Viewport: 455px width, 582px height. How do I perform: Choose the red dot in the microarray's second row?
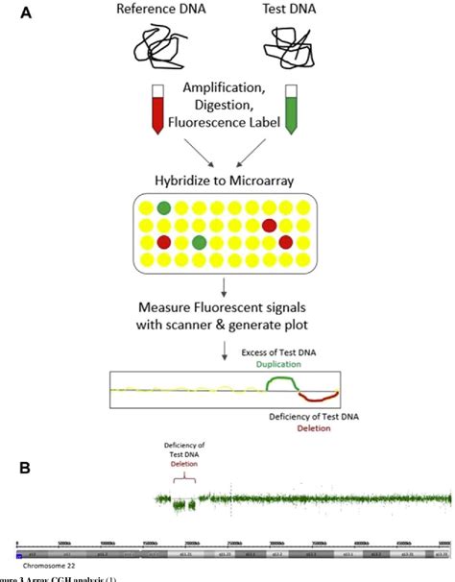[270, 225]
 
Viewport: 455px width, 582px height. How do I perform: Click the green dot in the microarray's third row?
[197, 242]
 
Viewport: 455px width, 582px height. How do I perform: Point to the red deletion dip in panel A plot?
[318, 396]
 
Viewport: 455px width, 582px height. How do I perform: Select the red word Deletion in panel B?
[183, 462]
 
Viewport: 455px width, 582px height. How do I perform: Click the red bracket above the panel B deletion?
[182, 477]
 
